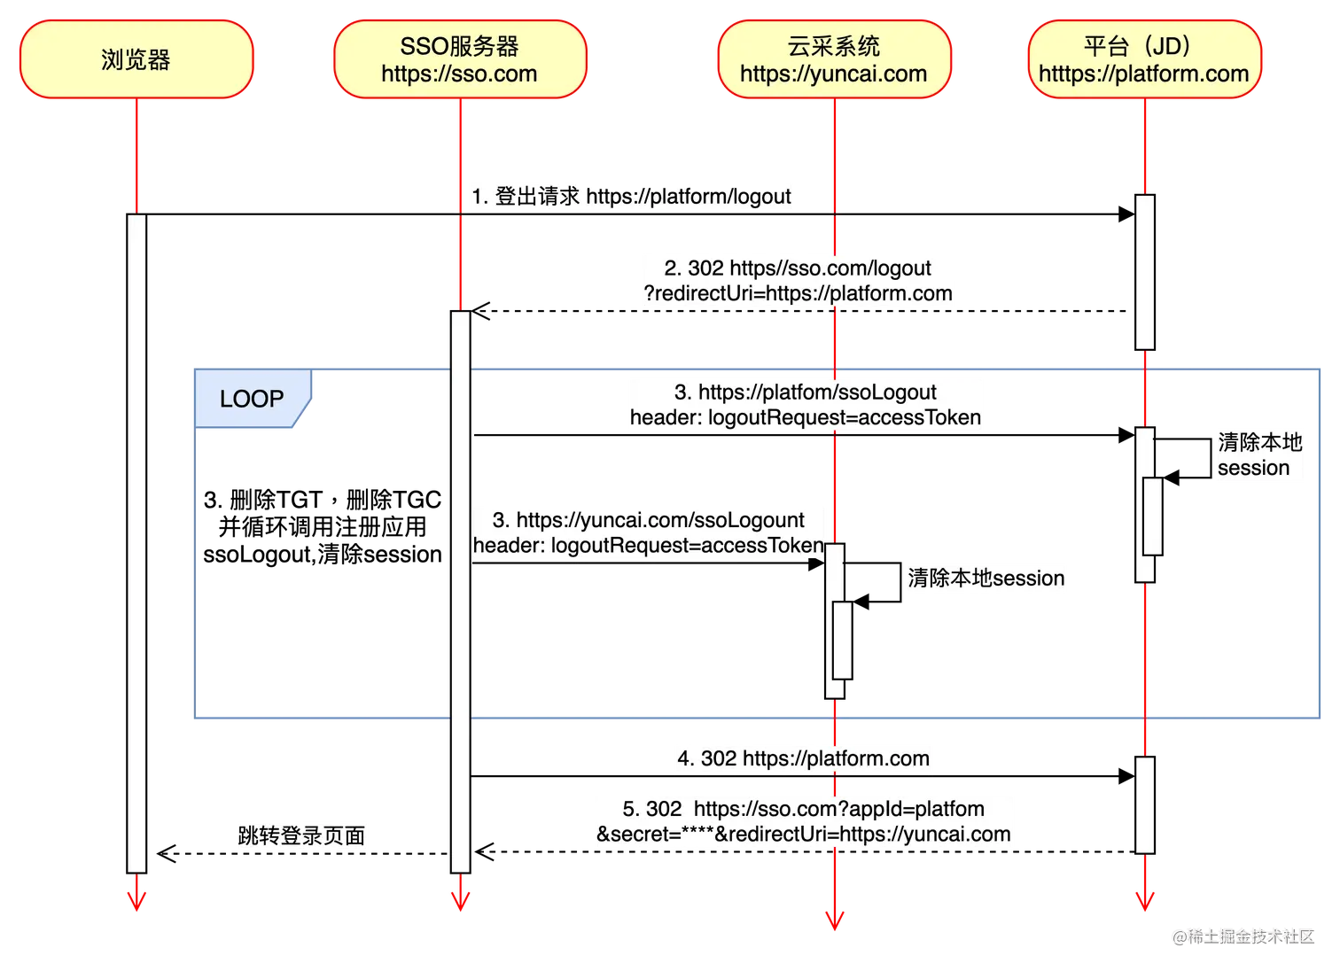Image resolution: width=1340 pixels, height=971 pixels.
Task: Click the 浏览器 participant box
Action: click(x=136, y=59)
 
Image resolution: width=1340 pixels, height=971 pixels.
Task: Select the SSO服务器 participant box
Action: click(x=460, y=59)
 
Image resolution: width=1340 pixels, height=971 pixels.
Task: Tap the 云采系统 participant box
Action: click(x=833, y=59)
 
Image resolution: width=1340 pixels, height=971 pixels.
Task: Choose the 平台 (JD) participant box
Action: click(x=1144, y=59)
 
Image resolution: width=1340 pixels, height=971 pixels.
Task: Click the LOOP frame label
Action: click(x=253, y=400)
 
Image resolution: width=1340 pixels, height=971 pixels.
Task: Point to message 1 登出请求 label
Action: click(x=631, y=197)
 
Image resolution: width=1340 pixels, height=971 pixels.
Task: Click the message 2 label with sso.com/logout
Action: click(x=798, y=281)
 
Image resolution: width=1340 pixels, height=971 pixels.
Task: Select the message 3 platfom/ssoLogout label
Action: click(x=805, y=405)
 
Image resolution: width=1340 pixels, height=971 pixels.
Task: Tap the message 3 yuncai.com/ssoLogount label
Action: click(x=649, y=532)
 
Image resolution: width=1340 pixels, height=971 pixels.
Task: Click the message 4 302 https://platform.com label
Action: click(x=803, y=758)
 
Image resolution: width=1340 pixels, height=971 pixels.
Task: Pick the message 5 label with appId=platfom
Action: click(x=803, y=821)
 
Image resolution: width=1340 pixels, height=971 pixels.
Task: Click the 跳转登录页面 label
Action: click(x=300, y=835)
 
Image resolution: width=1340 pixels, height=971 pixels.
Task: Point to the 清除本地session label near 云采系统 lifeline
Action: click(x=986, y=578)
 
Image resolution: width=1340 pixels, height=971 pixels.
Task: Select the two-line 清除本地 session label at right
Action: click(x=1259, y=454)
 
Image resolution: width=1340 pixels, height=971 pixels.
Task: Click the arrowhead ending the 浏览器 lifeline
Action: click(x=136, y=897)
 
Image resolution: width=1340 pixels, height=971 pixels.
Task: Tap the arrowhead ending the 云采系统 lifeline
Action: click(x=834, y=920)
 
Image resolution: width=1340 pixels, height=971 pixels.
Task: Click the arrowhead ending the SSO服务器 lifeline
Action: click(x=460, y=897)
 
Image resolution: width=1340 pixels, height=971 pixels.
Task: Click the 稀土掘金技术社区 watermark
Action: click(x=1243, y=936)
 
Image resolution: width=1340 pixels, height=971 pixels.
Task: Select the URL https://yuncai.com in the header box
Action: click(x=833, y=74)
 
